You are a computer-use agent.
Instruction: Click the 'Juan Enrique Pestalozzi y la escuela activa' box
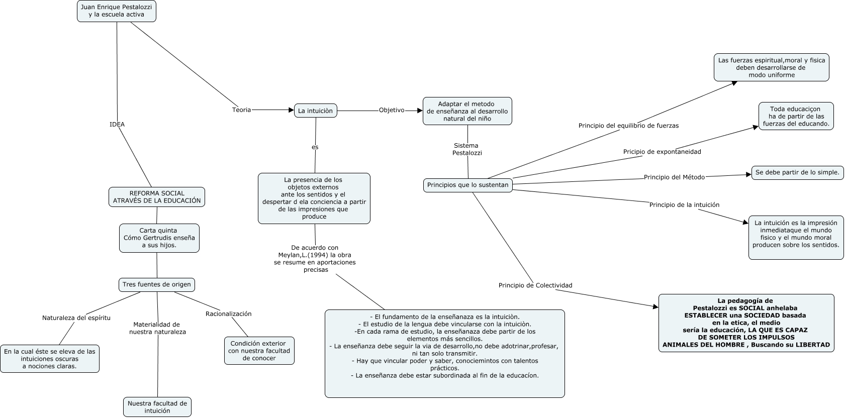coord(117,11)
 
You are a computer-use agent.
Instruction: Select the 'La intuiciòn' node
coord(315,111)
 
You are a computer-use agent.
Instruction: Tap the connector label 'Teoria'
coord(241,110)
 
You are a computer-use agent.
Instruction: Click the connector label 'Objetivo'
coord(392,110)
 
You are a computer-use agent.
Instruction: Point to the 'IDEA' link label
coord(117,124)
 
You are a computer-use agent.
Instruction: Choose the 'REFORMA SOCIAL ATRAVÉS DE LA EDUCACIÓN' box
coord(157,197)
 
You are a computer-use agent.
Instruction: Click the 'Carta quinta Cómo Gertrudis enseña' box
coord(159,238)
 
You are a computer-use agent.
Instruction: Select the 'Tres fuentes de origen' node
coord(157,284)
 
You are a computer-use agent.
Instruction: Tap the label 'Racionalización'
coord(228,313)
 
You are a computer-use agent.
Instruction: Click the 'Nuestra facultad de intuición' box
coord(157,406)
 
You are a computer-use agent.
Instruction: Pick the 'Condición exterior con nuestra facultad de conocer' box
coord(259,351)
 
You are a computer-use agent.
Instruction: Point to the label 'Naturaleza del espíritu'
coord(76,318)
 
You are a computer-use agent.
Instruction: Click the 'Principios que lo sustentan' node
coord(468,185)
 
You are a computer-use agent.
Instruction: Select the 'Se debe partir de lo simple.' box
coord(797,172)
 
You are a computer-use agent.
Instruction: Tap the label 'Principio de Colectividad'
coord(535,285)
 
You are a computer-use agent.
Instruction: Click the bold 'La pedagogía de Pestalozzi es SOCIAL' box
coord(746,323)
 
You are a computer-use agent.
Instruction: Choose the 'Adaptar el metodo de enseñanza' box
coord(467,111)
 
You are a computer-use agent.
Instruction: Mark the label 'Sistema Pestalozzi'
coord(467,149)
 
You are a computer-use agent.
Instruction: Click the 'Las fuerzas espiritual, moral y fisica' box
coord(771,67)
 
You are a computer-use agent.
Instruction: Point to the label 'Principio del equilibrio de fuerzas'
coord(628,126)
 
